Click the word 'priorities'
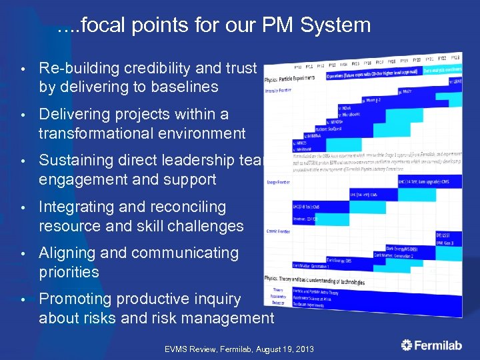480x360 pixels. click(69, 272)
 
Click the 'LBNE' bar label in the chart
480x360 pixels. click(457, 81)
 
